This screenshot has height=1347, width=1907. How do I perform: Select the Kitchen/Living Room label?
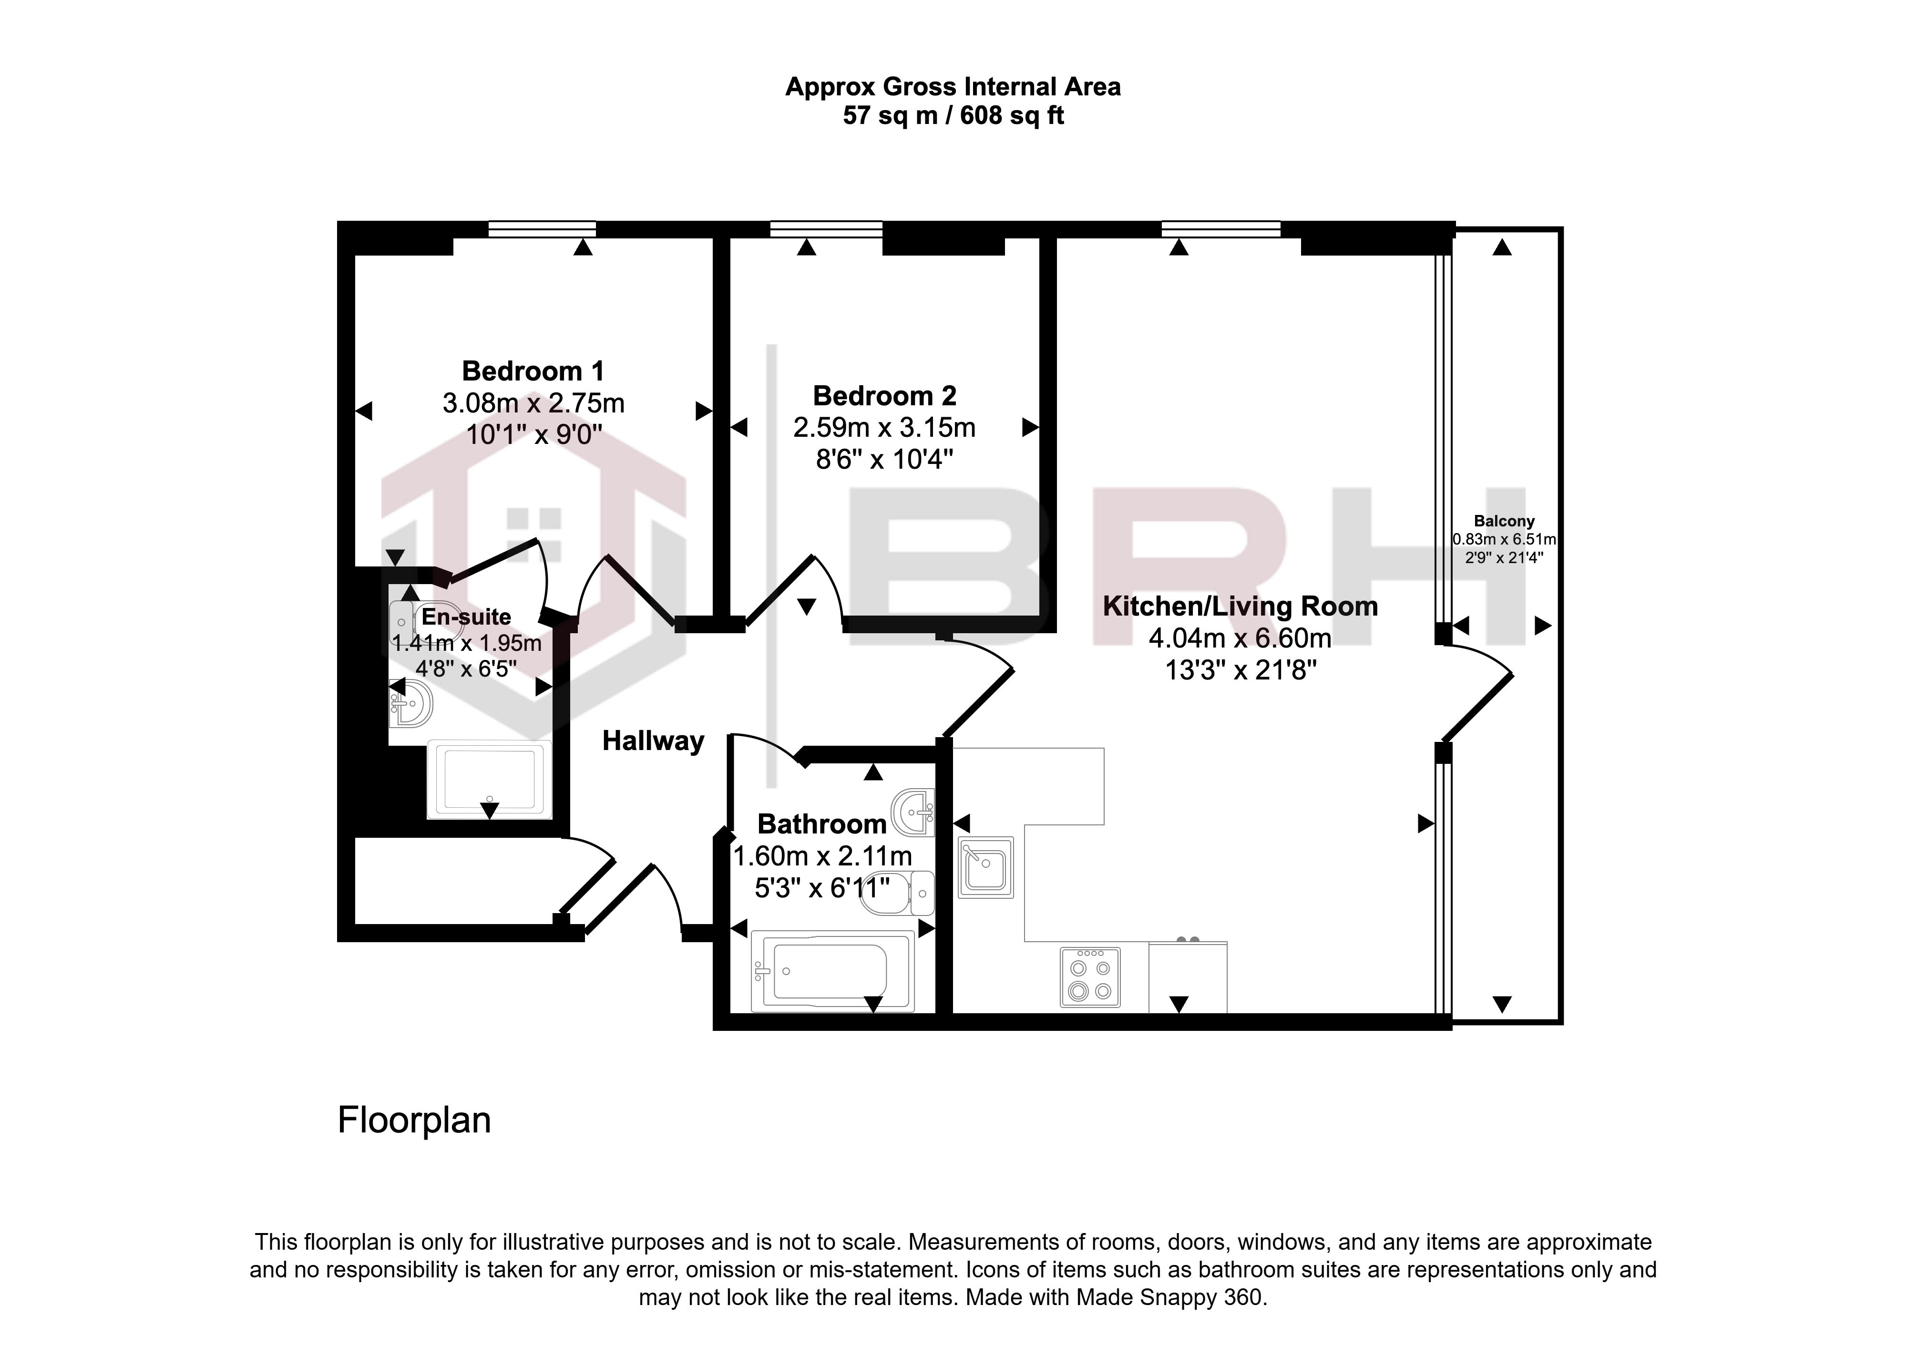[x=1240, y=606]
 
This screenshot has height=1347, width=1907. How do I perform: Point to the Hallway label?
[x=653, y=741]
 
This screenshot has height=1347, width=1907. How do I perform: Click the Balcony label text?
[x=1504, y=522]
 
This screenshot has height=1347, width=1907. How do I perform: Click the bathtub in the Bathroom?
[x=832, y=971]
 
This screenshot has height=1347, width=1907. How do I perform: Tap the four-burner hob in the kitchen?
[x=1090, y=977]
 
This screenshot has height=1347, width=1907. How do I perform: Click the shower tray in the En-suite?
[x=489, y=780]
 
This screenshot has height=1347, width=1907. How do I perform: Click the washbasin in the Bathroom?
[x=913, y=812]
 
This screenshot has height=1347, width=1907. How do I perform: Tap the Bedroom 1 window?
[x=542, y=228]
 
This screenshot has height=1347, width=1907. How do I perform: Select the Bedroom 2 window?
[x=826, y=228]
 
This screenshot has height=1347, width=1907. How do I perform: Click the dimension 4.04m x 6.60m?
[x=1240, y=638]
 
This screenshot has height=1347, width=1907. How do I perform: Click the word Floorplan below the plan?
[x=414, y=1121]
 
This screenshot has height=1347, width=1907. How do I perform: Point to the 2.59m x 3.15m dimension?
[x=884, y=428]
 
